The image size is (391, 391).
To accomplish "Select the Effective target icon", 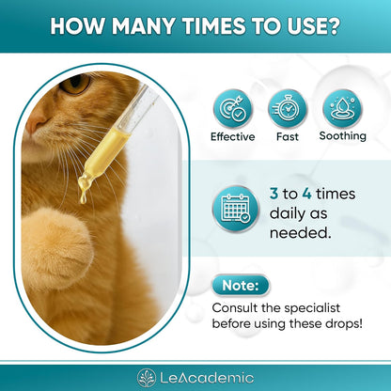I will [x=232, y=108].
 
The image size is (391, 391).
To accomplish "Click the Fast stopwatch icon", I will [x=287, y=108].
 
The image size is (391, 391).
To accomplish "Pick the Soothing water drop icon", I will [x=342, y=108].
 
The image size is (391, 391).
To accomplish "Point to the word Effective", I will [x=232, y=136].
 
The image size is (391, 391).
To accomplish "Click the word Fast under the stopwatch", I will [x=287, y=136].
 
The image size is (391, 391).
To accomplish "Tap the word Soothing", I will [x=342, y=136].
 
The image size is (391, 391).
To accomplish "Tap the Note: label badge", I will [x=240, y=286].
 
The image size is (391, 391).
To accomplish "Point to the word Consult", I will [x=237, y=307].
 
